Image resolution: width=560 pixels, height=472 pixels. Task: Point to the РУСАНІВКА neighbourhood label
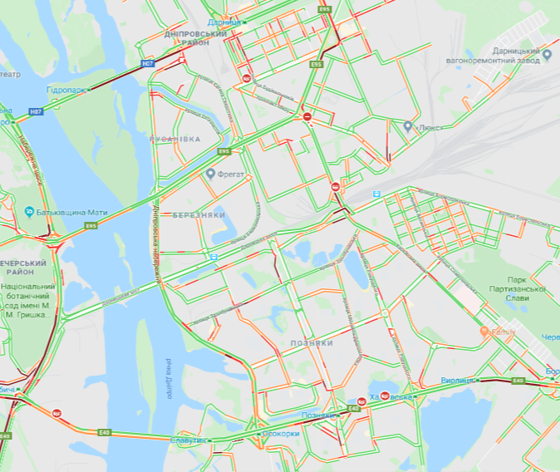[x=174, y=140]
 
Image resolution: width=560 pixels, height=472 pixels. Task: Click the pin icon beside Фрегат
[x=211, y=175]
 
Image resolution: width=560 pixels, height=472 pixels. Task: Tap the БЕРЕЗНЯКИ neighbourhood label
[x=199, y=214]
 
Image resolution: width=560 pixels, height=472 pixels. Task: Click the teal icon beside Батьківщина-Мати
[x=29, y=209]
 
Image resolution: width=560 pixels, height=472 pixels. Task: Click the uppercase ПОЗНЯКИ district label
[x=312, y=342]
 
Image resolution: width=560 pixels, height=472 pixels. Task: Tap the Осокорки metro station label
[x=278, y=434]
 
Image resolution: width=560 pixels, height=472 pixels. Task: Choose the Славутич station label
[x=190, y=440]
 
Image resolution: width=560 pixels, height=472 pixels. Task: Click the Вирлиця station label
[x=458, y=380]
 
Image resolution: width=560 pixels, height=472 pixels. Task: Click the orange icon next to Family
[x=484, y=332]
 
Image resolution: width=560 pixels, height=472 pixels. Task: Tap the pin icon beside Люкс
[x=408, y=127]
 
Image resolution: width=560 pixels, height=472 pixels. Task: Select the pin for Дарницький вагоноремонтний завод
[x=548, y=56]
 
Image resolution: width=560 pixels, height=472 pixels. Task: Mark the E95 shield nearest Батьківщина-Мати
[x=91, y=225]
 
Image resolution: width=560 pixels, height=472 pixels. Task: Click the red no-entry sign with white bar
[x=307, y=117]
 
